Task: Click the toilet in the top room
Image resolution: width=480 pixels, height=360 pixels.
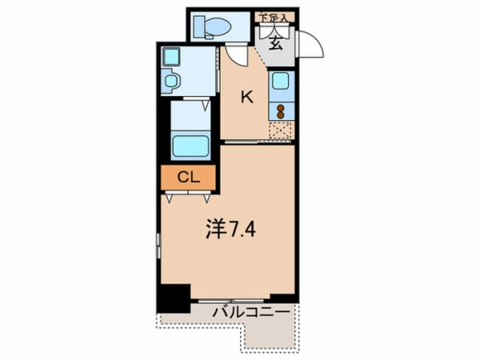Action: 212,27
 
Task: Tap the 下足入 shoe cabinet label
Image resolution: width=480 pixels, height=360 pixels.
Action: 274,17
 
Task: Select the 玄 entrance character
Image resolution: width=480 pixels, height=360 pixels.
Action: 275,43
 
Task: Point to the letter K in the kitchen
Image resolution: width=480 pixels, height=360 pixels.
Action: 246,98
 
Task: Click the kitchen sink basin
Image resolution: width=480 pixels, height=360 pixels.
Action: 281,81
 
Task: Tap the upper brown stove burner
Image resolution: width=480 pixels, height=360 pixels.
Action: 281,108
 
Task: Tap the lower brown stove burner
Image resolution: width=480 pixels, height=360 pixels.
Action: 281,114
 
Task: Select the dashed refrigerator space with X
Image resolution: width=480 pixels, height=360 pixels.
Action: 281,130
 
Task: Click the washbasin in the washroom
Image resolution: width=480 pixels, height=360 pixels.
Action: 171,81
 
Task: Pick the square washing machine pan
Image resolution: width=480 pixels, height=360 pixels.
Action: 171,57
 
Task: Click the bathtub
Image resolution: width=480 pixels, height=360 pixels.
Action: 190,146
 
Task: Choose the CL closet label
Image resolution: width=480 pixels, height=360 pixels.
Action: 189,178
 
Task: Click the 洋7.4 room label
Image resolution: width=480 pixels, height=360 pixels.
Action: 230,229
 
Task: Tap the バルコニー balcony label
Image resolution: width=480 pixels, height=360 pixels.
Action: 251,313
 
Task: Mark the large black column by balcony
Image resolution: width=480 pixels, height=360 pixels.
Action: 174,298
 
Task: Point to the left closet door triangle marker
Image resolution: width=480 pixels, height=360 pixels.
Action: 169,198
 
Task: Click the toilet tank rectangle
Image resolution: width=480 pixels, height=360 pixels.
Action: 199,27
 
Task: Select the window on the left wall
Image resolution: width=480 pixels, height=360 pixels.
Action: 158,245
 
